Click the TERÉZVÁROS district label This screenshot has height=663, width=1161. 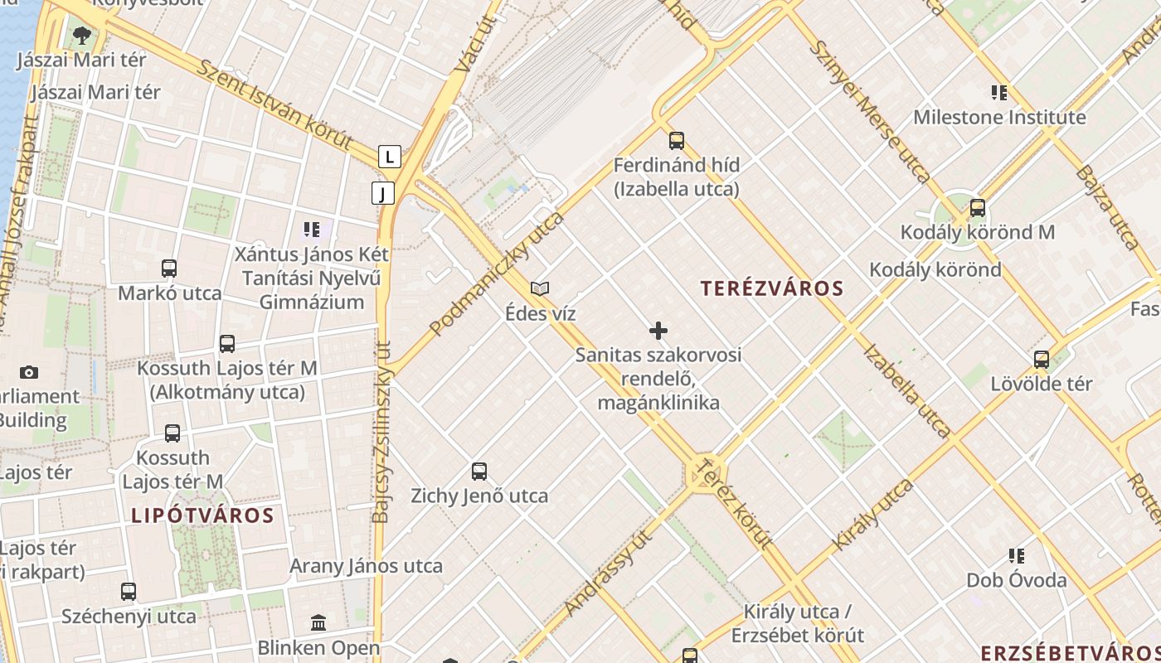(772, 288)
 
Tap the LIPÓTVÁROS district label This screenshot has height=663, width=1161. (202, 515)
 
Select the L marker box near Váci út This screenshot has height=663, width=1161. (389, 156)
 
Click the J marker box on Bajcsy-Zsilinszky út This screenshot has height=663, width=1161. (382, 194)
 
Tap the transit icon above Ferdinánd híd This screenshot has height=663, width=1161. (677, 140)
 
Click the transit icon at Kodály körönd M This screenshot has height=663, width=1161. (978, 208)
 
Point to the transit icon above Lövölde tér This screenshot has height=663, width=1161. (1042, 360)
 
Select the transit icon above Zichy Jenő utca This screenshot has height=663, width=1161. (479, 472)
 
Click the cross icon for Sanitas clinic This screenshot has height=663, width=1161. (658, 331)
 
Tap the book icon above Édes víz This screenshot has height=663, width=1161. (540, 289)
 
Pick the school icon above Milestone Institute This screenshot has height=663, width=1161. (999, 93)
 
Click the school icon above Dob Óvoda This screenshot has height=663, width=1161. (1017, 555)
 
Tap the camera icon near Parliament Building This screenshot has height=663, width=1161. (29, 372)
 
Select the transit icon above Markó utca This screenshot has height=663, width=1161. (169, 269)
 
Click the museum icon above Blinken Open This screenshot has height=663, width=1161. (318, 622)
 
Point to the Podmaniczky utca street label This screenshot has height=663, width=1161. (498, 273)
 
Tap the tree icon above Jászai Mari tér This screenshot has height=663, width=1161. (81, 35)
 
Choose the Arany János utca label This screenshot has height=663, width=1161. (366, 567)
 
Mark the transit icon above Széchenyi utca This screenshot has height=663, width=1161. (129, 592)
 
